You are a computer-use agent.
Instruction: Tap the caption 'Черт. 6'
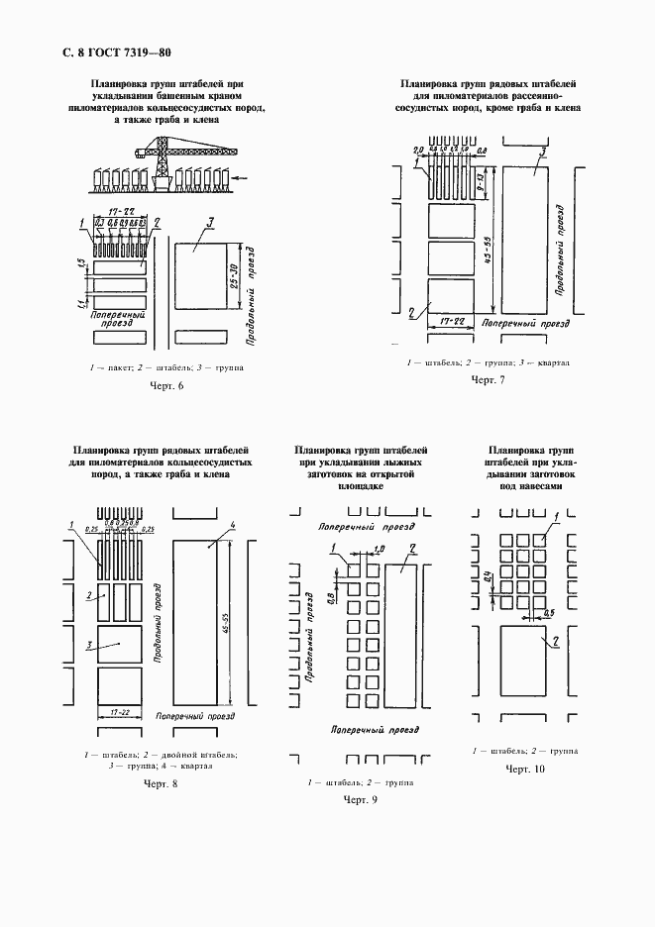coord(166,386)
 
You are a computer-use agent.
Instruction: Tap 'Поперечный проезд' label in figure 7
coord(524,324)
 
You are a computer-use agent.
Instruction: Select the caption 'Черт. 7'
coord(488,380)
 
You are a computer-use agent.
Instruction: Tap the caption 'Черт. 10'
coord(526,769)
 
